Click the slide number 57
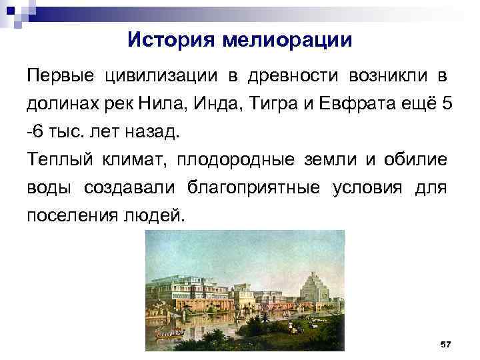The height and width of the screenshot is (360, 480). (x=445, y=343)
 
